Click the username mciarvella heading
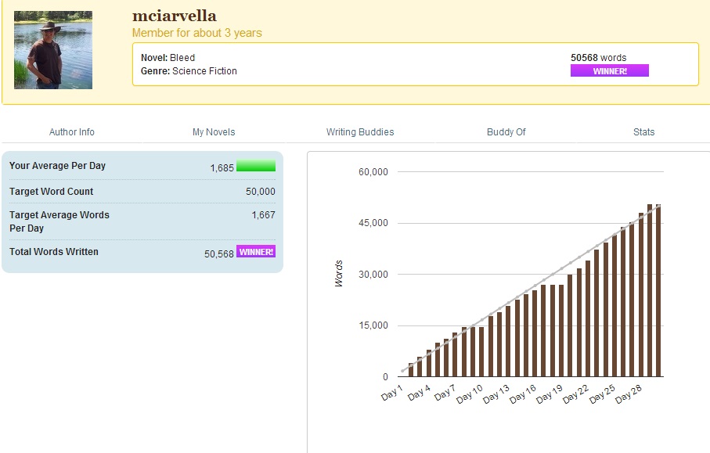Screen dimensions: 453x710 (174, 16)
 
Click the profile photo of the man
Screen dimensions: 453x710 (53, 50)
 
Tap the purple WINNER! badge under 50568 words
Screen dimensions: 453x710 (609, 70)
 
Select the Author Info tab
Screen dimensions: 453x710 (72, 132)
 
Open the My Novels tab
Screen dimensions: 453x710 (214, 132)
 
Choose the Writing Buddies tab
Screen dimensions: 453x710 (360, 132)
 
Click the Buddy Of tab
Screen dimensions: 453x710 (506, 132)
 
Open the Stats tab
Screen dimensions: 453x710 (643, 132)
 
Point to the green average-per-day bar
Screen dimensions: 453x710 (256, 166)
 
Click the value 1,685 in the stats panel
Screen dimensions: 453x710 (222, 167)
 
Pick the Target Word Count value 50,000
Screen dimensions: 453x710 (261, 192)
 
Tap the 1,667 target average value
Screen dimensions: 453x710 (263, 215)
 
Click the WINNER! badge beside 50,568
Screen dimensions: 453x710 (256, 252)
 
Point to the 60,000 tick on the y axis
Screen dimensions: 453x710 (373, 172)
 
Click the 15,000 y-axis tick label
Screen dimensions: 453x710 (373, 325)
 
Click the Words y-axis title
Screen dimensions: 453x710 (339, 274)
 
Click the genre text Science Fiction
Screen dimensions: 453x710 (204, 71)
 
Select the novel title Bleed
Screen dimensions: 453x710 (182, 58)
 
